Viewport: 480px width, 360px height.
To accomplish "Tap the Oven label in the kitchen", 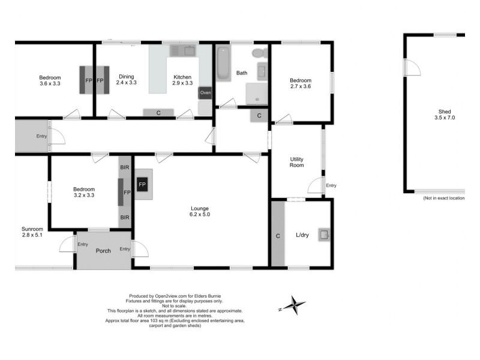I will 205,93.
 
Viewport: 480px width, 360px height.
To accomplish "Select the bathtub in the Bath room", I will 223,63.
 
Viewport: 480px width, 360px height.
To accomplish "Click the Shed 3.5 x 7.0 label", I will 445,114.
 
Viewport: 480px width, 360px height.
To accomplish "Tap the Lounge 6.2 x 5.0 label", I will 199,210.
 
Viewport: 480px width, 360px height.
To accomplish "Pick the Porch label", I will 103,250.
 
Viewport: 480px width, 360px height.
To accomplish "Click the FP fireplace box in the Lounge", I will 142,184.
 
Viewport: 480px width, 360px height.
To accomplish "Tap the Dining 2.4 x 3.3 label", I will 126,80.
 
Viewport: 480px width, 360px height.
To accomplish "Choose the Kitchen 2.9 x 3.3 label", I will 182,80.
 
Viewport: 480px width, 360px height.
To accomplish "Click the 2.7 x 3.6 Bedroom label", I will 301,83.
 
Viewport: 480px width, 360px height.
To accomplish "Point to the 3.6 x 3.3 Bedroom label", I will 50,80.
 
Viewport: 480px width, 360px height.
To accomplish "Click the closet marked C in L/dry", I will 278,236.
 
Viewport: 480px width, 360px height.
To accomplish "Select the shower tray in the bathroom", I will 259,93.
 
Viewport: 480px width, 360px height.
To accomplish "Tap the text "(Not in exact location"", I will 443,198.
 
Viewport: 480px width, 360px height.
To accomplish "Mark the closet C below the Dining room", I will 158,112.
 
